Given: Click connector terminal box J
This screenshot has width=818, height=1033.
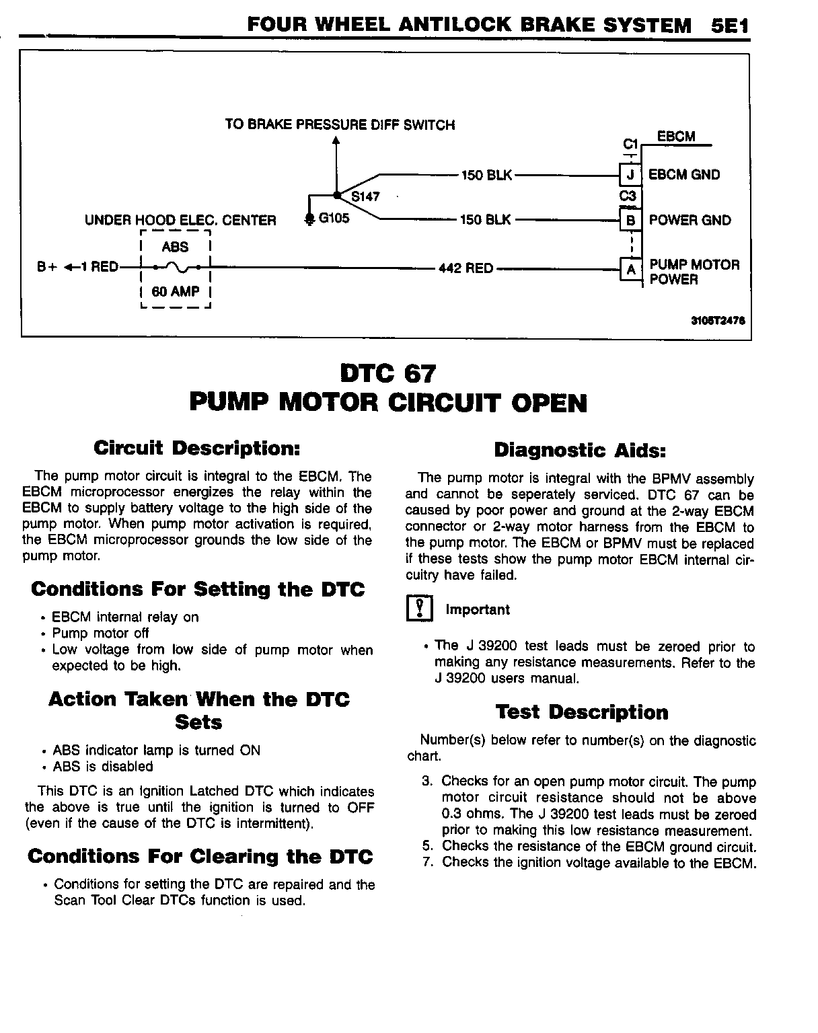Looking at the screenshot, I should (630, 175).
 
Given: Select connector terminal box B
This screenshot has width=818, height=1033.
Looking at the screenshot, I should (630, 220).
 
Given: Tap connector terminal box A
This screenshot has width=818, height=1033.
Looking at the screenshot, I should (630, 269).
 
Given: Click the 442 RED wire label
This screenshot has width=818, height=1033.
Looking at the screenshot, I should (466, 268).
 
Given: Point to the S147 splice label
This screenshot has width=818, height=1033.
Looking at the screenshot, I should (365, 197).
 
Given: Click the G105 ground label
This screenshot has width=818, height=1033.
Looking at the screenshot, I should (334, 219).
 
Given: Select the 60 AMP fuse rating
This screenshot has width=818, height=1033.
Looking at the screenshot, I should (176, 292).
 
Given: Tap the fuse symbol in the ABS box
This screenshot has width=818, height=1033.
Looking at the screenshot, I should (176, 268).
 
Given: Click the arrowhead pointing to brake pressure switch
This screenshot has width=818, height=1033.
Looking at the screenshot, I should (336, 141).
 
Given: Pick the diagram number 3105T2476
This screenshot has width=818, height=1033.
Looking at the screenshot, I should (717, 321).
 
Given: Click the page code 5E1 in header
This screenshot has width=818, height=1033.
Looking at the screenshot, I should (729, 26).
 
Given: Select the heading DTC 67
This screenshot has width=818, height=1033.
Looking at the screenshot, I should (388, 373).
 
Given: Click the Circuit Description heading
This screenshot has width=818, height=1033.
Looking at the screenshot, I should (196, 448).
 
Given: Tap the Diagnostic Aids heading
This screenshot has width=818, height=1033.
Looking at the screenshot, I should (580, 450).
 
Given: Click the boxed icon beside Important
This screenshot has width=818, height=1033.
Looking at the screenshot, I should (419, 609).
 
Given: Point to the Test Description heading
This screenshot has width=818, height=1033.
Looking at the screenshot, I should (582, 712).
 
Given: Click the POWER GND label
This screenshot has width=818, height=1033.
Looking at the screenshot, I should (690, 220).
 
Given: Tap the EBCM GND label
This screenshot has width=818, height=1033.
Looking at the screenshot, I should (683, 175).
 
